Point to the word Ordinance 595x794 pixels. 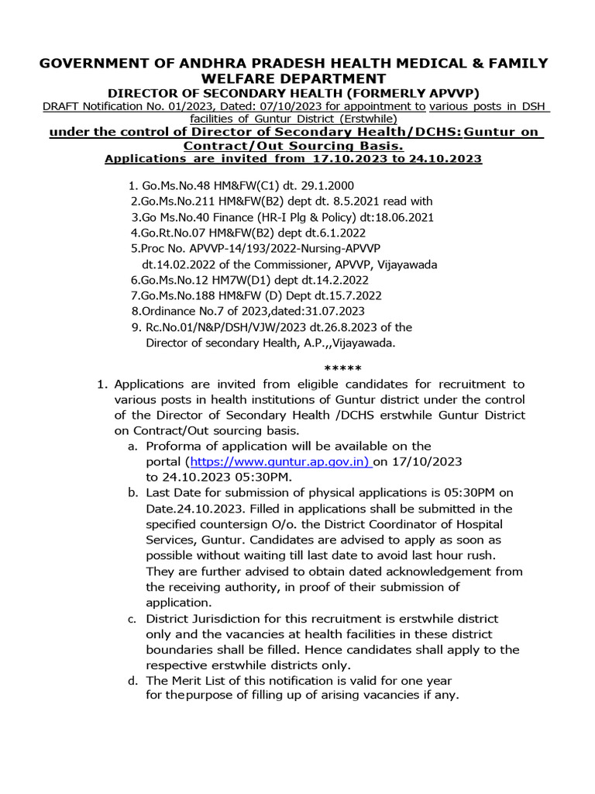coord(170,311)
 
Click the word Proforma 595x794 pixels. coord(172,446)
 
